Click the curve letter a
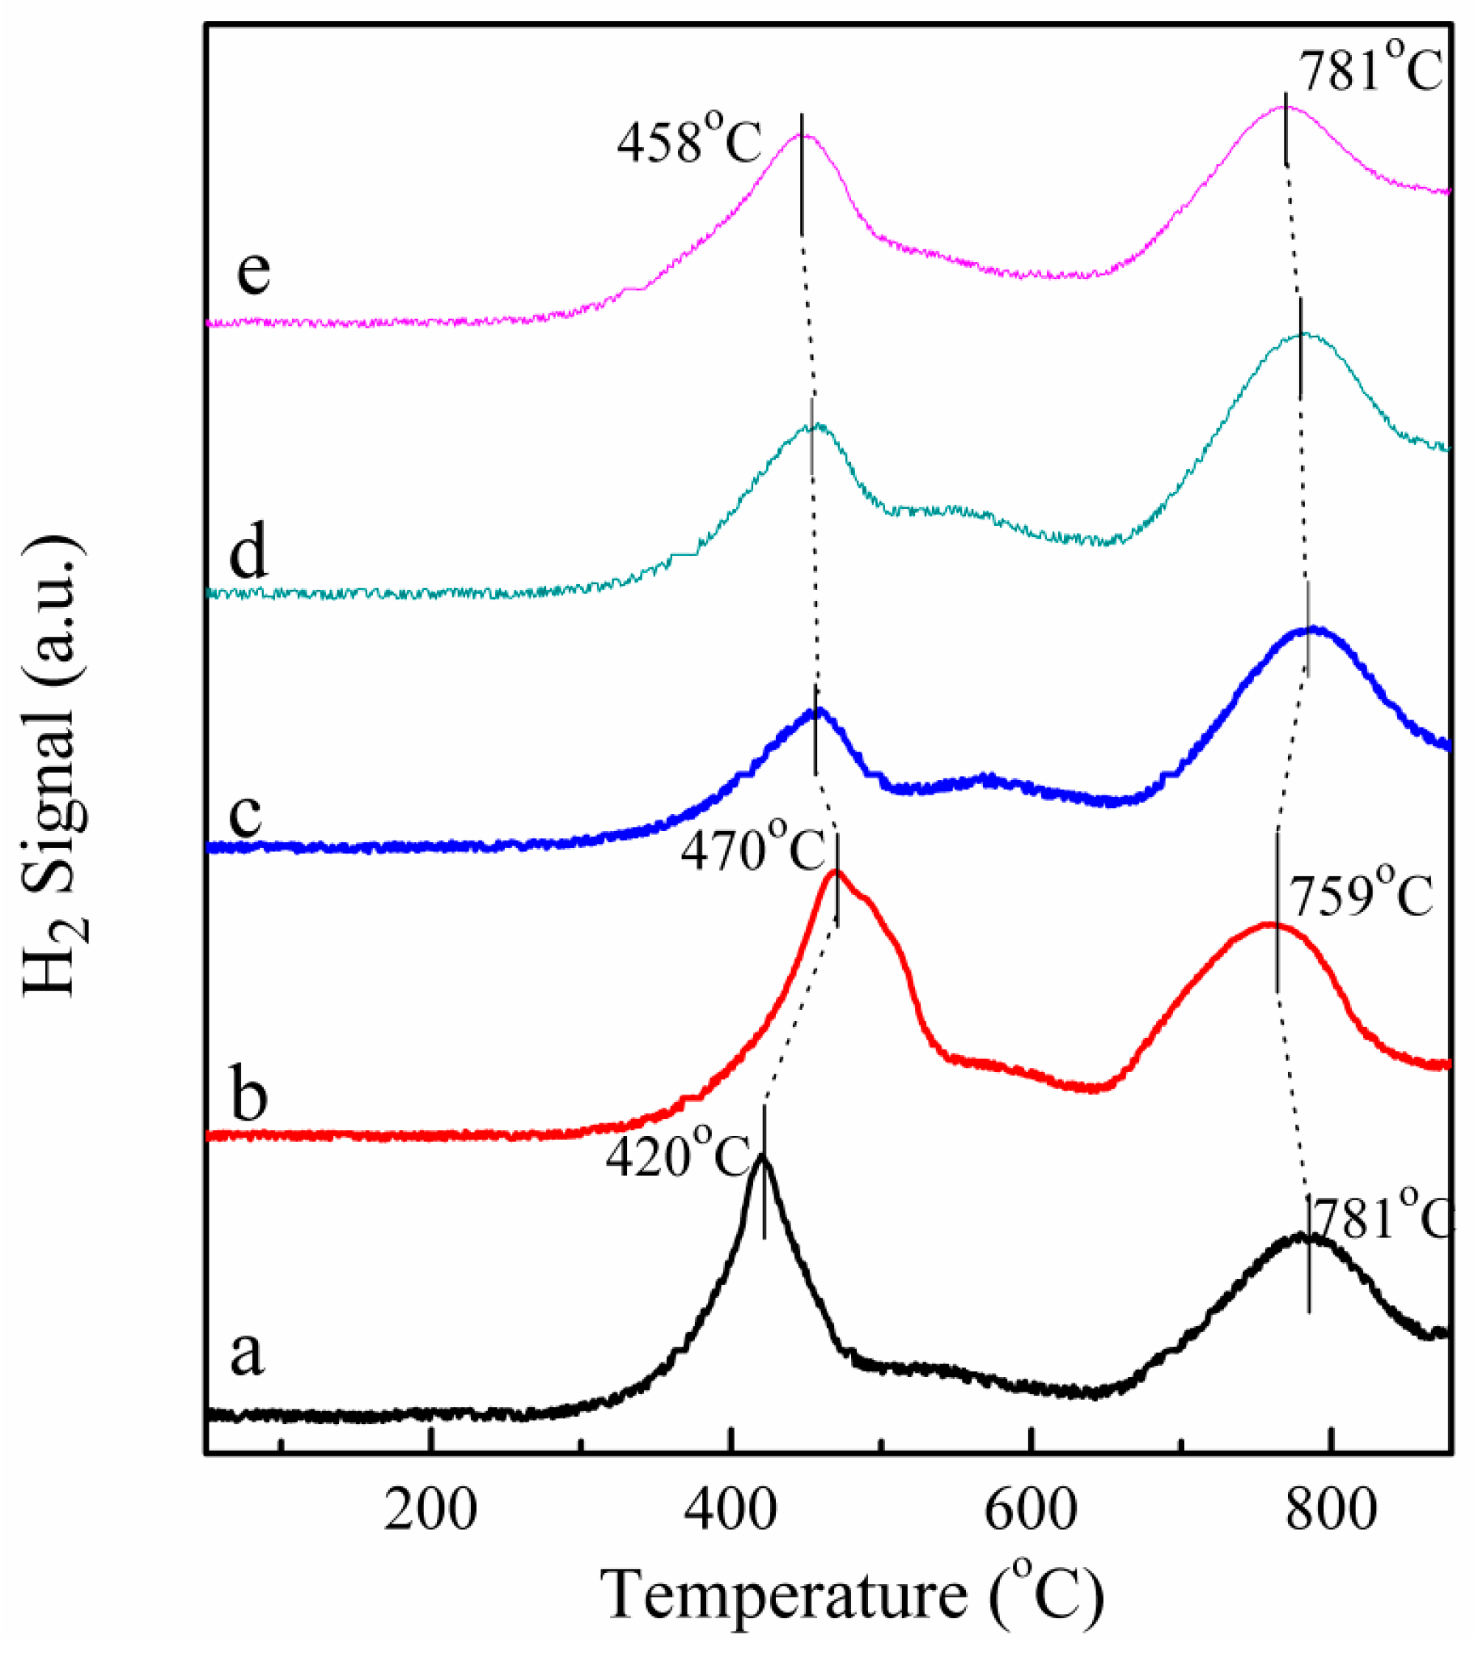247,1354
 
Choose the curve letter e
252,271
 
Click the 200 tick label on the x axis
430,1509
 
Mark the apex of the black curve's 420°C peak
762,1158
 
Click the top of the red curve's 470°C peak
836,872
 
